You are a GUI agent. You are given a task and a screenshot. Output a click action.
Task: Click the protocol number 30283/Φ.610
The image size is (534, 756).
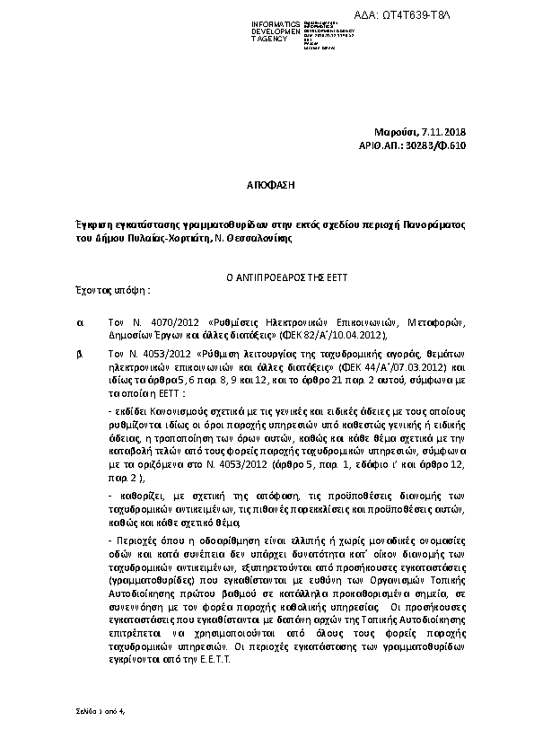tap(438, 145)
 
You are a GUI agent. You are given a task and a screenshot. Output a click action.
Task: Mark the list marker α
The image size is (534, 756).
tap(81, 321)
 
